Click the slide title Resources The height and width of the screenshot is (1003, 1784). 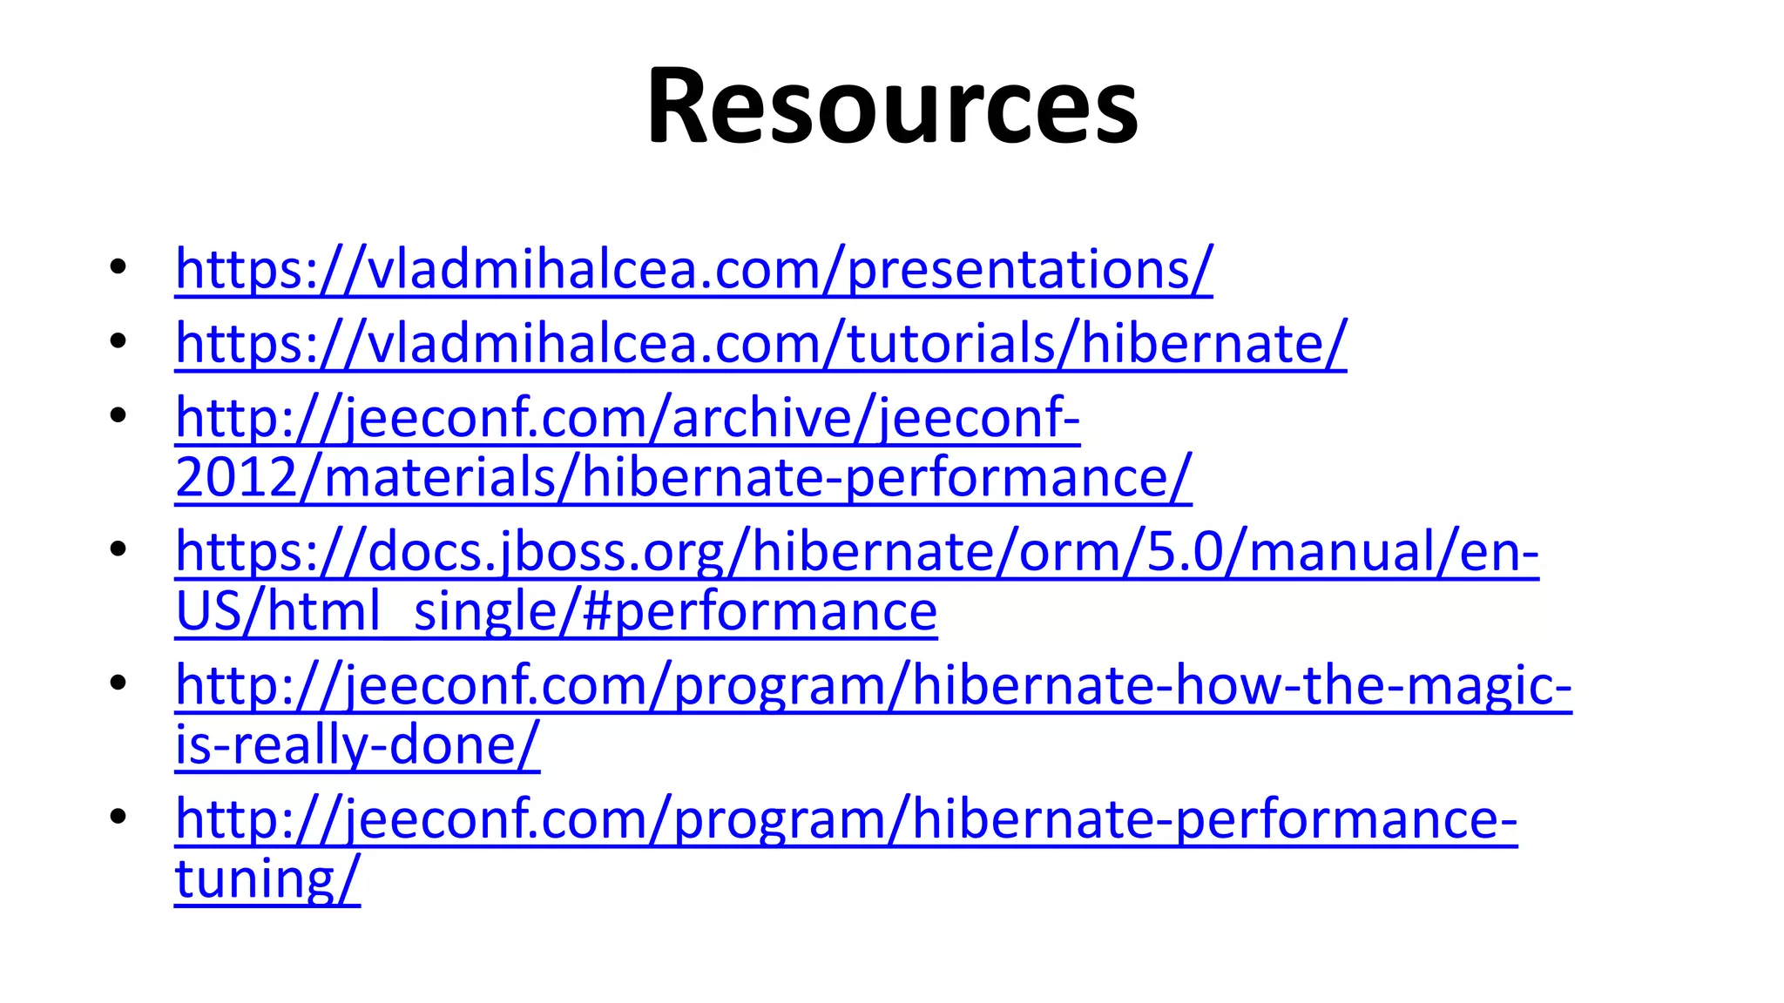pyautogui.click(x=892, y=106)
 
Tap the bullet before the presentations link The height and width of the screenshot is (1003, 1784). pyautogui.click(x=118, y=266)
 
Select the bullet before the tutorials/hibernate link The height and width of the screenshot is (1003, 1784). pyautogui.click(x=118, y=340)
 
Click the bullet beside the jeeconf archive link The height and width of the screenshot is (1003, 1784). pyautogui.click(x=118, y=414)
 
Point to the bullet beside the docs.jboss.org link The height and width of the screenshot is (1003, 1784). pyautogui.click(x=118, y=549)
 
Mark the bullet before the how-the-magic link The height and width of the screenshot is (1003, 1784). pyautogui.click(x=118, y=683)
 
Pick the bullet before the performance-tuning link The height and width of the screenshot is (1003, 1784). pyautogui.click(x=118, y=817)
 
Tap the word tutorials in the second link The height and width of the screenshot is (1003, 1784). pyautogui.click(x=951, y=343)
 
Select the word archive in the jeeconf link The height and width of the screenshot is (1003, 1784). pyautogui.click(x=760, y=418)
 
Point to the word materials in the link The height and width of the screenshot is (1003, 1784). pyautogui.click(x=440, y=477)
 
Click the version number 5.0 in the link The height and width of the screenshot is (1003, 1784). pyautogui.click(x=1185, y=552)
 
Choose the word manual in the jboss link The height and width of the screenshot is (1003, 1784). pyautogui.click(x=1341, y=552)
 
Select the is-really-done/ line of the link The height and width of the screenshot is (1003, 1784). pyautogui.click(x=357, y=745)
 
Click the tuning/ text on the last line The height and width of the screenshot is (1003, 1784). pyautogui.click(x=267, y=879)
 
